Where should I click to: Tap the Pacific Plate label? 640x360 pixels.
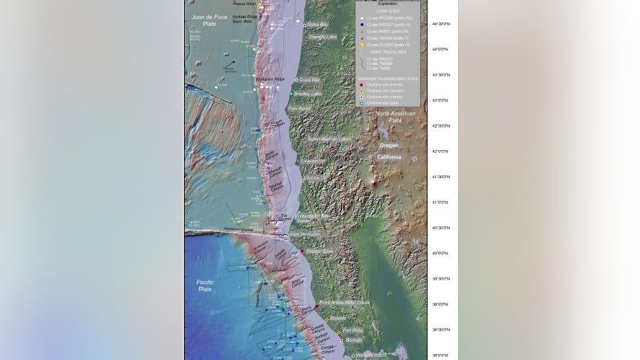(x=205, y=286)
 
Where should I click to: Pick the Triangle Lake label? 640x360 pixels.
(x=323, y=37)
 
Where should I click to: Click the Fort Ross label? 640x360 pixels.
(x=352, y=330)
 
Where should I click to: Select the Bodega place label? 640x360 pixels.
(x=354, y=339)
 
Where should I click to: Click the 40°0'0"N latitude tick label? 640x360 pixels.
(x=440, y=253)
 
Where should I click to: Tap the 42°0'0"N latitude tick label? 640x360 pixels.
(x=440, y=151)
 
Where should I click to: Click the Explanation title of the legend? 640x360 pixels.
(x=388, y=4)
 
